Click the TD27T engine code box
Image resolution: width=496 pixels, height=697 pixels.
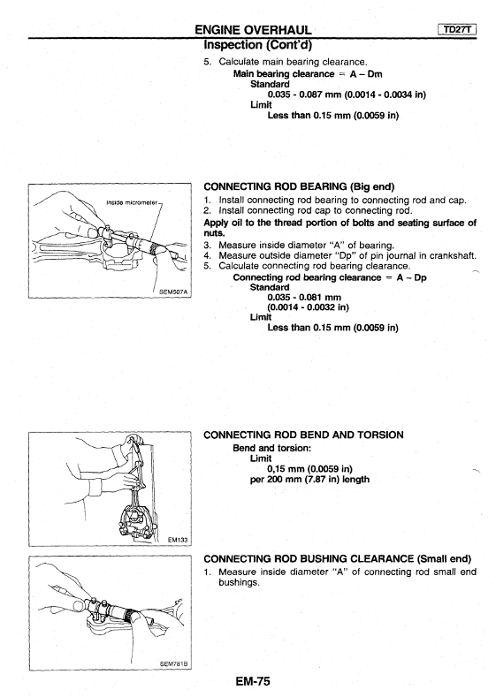pyautogui.click(x=457, y=30)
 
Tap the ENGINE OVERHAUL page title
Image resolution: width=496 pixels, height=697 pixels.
pyautogui.click(x=253, y=30)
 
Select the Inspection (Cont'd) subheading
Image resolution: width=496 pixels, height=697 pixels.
pyautogui.click(x=257, y=45)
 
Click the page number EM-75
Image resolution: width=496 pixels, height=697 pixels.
pyautogui.click(x=253, y=680)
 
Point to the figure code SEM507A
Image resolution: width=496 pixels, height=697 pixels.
pyautogui.click(x=173, y=292)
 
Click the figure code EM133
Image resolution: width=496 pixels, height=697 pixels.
pyautogui.click(x=178, y=540)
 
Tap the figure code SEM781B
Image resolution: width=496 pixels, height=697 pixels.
pyautogui.click(x=174, y=664)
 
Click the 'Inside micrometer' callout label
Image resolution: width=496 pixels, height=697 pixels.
pyautogui.click(x=132, y=202)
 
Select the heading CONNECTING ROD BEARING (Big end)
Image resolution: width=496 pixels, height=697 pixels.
pyautogui.click(x=299, y=186)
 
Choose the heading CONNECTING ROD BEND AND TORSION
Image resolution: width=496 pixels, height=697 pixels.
pyautogui.click(x=303, y=435)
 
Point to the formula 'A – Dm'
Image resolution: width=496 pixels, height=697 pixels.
pyautogui.click(x=366, y=74)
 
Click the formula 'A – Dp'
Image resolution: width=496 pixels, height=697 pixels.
pyautogui.click(x=411, y=277)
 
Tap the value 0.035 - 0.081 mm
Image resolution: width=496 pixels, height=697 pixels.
pyautogui.click(x=304, y=298)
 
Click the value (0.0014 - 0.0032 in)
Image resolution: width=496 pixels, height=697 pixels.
pyautogui.click(x=309, y=307)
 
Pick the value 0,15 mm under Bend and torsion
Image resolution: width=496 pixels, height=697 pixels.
pyautogui.click(x=286, y=469)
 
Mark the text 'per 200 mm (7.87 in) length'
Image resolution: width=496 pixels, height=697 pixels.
pyautogui.click(x=309, y=479)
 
